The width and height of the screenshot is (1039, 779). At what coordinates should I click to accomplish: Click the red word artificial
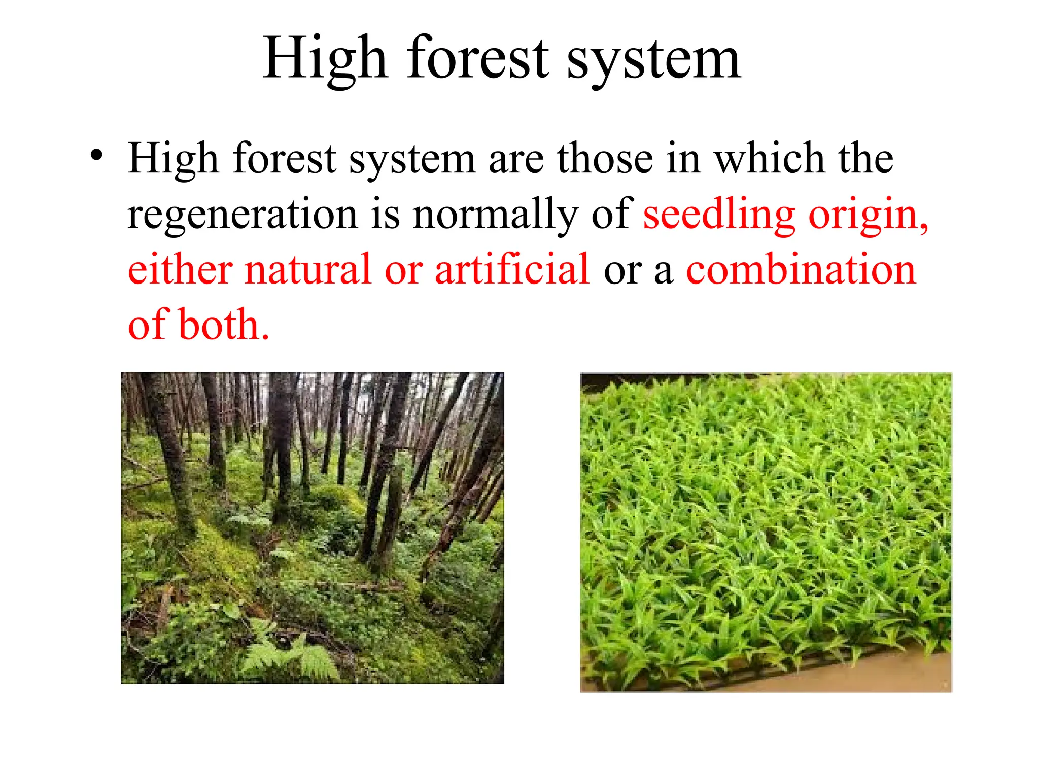click(512, 269)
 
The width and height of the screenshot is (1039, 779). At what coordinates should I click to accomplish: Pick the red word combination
click(801, 269)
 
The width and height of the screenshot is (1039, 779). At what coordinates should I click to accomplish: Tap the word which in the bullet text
click(769, 158)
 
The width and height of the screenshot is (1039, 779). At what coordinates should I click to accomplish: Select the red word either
click(180, 269)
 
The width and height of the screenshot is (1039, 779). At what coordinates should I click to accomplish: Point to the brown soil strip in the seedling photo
click(862, 675)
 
